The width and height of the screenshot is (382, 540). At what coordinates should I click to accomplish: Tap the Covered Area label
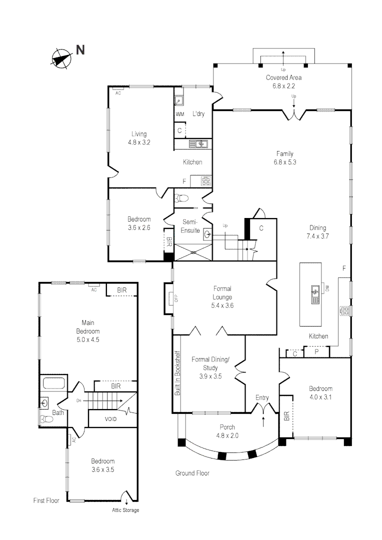click(283, 77)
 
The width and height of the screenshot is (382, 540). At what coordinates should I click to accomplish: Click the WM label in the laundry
click(180, 114)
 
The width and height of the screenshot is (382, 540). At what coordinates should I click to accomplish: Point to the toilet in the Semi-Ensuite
click(181, 197)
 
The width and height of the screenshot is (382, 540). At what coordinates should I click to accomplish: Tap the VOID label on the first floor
click(110, 419)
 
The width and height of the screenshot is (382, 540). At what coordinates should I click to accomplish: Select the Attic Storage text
click(125, 510)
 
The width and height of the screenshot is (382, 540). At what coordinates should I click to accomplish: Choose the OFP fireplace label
click(175, 298)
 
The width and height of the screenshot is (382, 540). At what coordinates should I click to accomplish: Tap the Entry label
click(262, 398)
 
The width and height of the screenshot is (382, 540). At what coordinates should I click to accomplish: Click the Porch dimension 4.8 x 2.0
click(227, 435)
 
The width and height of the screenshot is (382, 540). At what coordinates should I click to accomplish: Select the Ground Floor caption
click(192, 473)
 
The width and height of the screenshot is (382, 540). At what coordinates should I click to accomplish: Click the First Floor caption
click(46, 500)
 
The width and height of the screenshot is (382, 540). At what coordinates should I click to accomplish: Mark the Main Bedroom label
click(88, 327)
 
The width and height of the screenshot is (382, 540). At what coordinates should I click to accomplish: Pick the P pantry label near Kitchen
click(316, 353)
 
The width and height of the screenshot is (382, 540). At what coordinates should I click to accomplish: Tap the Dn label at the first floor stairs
click(79, 400)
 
